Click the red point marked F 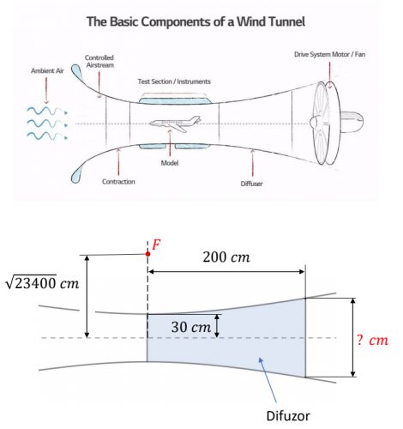(147, 254)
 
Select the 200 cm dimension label (226, 257)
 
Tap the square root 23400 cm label (42, 283)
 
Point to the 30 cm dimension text (190, 327)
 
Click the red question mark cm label (372, 341)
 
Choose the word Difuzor (288, 415)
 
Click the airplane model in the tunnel (175, 124)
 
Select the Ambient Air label (47, 70)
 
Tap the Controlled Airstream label (99, 61)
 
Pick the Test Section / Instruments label (174, 82)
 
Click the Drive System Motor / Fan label (329, 54)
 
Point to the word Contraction (118, 182)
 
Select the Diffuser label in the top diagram (251, 184)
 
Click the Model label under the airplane (170, 163)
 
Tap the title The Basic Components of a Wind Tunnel (195, 21)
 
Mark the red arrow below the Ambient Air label (46, 90)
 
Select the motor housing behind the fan (352, 123)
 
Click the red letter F (156, 245)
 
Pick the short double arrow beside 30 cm (217, 326)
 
